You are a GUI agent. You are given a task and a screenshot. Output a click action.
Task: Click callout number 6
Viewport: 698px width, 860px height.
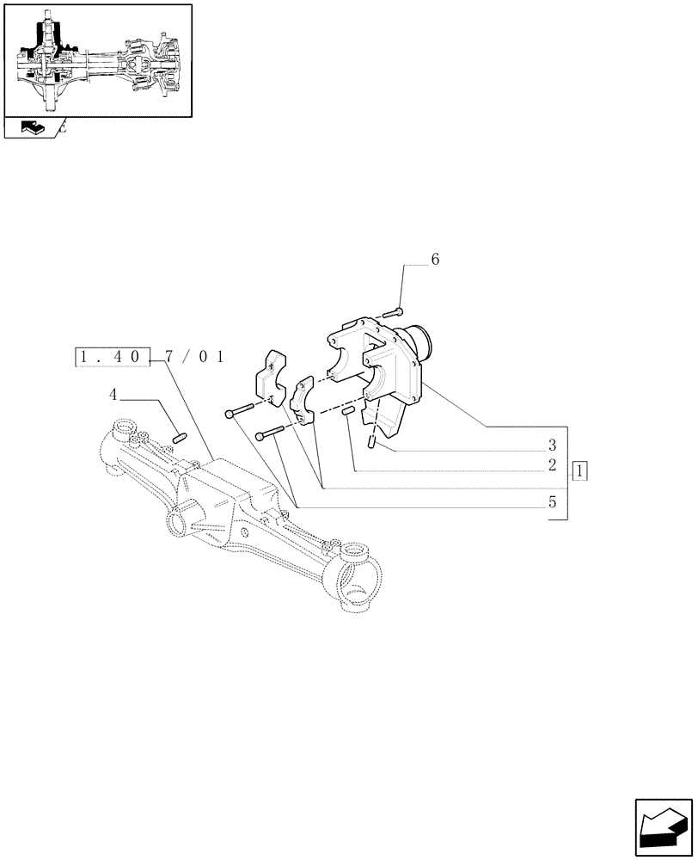pos(435,260)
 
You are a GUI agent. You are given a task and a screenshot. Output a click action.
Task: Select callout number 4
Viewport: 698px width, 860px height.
pos(113,395)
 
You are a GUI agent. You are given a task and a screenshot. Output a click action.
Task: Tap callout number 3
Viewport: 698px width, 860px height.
pos(552,445)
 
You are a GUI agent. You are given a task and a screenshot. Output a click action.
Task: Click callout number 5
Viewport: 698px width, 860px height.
pos(552,502)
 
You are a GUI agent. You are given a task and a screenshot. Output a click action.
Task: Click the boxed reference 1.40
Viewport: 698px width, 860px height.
pos(113,357)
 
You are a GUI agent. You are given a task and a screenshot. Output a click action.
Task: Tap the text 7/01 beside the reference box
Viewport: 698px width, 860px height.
pos(194,357)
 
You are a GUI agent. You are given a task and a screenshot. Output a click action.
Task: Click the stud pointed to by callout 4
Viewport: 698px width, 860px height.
pos(181,439)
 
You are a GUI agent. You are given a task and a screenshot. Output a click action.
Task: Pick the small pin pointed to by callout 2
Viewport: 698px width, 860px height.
pos(349,415)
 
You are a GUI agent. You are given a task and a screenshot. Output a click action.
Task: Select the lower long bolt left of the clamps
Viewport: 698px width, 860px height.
pos(272,433)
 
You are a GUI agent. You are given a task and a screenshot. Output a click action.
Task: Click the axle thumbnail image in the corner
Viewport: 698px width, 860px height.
pos(97,60)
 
